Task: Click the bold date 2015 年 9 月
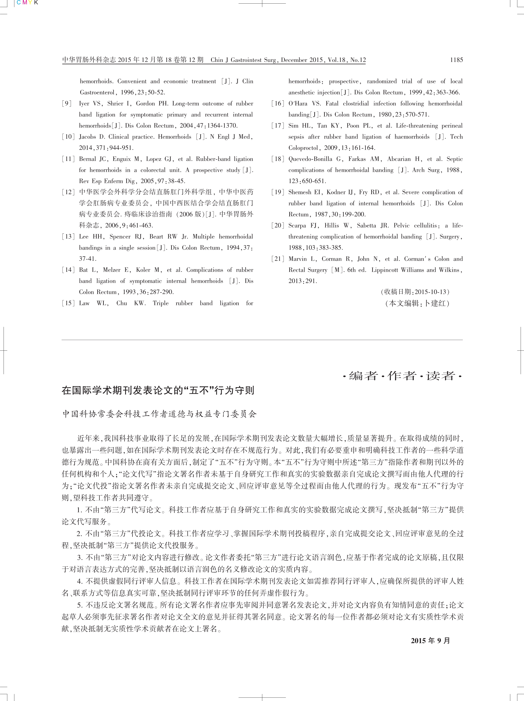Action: [430, 641]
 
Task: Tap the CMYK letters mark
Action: [27, 3]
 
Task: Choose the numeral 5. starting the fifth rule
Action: [80, 605]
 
